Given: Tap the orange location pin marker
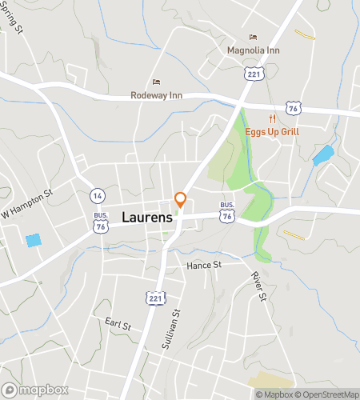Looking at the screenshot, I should [x=181, y=200].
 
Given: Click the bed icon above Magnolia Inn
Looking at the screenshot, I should [x=254, y=37].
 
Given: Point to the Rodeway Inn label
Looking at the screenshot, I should [x=157, y=95].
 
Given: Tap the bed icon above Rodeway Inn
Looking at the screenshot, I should [x=156, y=82].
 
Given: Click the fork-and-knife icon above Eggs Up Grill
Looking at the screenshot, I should [x=294, y=118].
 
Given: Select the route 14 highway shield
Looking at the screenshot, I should [x=97, y=195].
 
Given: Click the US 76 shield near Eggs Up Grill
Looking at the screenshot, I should [x=294, y=106].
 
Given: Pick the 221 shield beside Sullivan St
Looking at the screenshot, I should [x=154, y=298].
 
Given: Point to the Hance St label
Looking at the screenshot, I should [x=202, y=265].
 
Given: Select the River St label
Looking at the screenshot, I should [x=257, y=286].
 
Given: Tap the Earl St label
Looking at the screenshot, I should [x=118, y=323].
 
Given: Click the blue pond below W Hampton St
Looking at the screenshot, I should [x=34, y=240].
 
